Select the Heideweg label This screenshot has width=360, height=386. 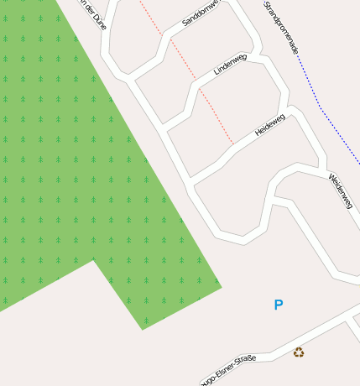[270, 125]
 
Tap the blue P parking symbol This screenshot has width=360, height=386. [279, 305]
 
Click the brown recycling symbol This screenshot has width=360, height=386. [299, 352]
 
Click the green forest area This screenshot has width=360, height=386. [67, 168]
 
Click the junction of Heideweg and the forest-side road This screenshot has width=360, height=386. [192, 182]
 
